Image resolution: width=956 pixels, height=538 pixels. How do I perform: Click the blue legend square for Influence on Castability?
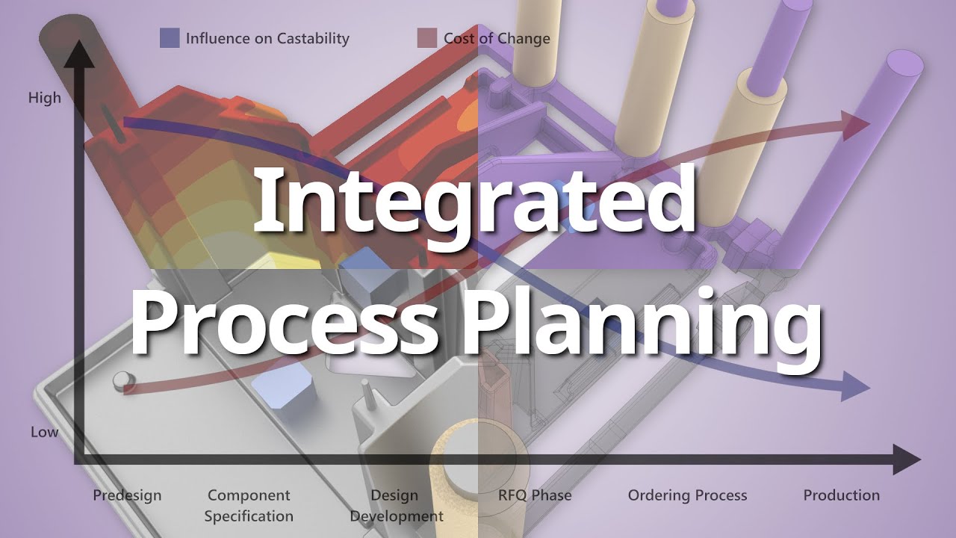170,38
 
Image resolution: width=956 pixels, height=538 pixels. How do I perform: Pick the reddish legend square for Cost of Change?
426,38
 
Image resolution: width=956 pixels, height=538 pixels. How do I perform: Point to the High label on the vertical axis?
45,98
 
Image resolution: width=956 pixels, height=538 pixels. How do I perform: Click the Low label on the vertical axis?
44,432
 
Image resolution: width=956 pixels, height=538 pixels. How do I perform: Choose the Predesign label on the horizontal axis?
127,495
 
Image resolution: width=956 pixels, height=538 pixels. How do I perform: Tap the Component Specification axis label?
249,505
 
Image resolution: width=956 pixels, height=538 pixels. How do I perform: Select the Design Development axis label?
396,505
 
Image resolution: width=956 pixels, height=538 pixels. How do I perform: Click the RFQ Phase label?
535,495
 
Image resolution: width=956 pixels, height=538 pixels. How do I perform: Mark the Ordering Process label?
687,495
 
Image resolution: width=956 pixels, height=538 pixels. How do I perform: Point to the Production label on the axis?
841,495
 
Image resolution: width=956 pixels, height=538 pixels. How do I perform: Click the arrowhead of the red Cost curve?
855,126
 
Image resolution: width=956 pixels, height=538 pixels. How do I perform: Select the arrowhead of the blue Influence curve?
855,386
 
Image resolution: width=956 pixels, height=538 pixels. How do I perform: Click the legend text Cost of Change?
497,38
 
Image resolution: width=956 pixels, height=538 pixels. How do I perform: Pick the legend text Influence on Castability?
267,38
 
